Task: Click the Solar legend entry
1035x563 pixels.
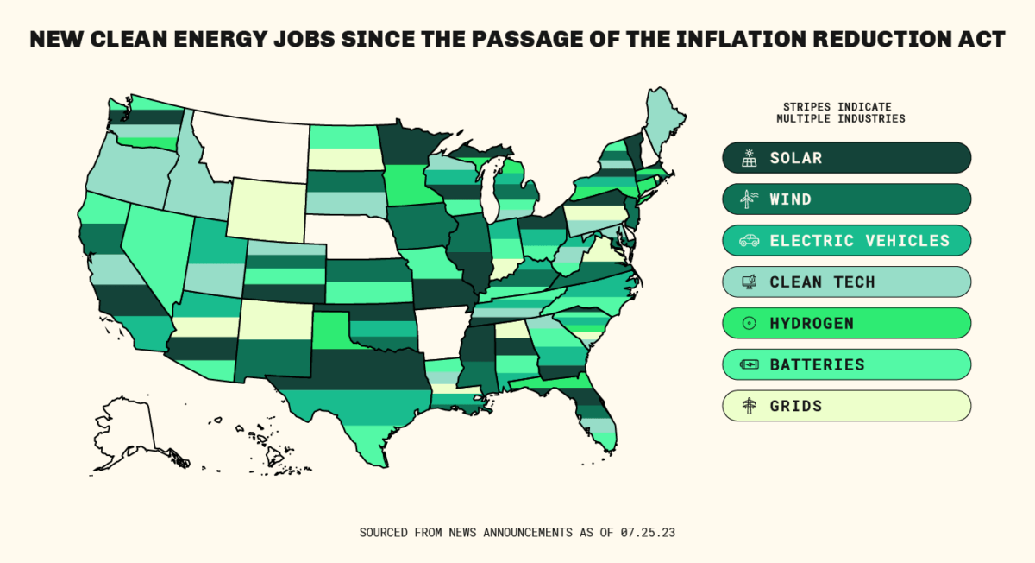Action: click(x=846, y=158)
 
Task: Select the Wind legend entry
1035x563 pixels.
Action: click(x=846, y=199)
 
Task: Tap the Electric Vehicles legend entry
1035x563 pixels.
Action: click(x=846, y=241)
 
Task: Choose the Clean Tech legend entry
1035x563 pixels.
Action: click(x=846, y=281)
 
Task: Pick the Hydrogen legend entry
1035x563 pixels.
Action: click(x=846, y=323)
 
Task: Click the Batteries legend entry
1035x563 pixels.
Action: click(x=846, y=364)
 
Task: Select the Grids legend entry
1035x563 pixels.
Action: click(x=846, y=406)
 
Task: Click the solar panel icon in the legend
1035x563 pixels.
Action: click(x=749, y=158)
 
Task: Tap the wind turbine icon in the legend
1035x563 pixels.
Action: click(x=749, y=199)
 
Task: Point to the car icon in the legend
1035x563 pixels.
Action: click(x=749, y=241)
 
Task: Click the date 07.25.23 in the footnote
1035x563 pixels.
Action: click(x=647, y=532)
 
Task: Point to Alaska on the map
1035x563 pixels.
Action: click(x=129, y=432)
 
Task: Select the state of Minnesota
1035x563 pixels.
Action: click(x=405, y=151)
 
